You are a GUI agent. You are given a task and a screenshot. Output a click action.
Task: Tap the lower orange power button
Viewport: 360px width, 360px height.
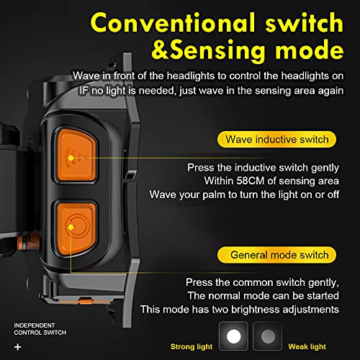coord(74,226)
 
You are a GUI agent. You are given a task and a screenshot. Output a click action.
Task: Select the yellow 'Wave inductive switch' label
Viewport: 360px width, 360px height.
coord(276,139)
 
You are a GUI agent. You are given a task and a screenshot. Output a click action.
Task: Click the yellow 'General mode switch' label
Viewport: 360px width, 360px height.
coord(279,255)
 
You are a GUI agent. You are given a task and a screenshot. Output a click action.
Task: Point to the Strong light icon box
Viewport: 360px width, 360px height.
coord(233,336)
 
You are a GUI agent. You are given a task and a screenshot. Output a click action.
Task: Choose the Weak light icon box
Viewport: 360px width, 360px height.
coord(268,336)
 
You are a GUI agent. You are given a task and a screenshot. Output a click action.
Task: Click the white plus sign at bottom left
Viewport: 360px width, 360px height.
coord(17,347)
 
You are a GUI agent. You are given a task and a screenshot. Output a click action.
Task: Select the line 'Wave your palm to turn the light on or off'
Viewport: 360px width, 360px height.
coord(244,194)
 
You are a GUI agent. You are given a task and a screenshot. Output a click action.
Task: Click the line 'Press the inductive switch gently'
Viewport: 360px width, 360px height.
coord(263,167)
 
